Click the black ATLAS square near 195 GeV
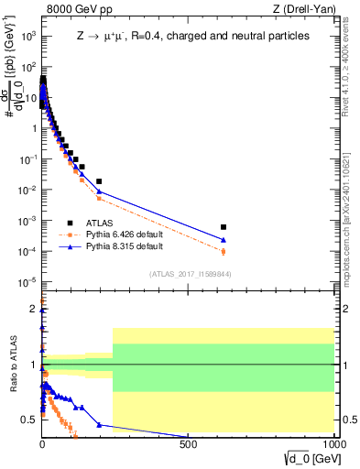point(99,181)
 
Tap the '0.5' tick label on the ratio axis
point(29,420)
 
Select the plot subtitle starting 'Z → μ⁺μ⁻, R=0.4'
point(192,37)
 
